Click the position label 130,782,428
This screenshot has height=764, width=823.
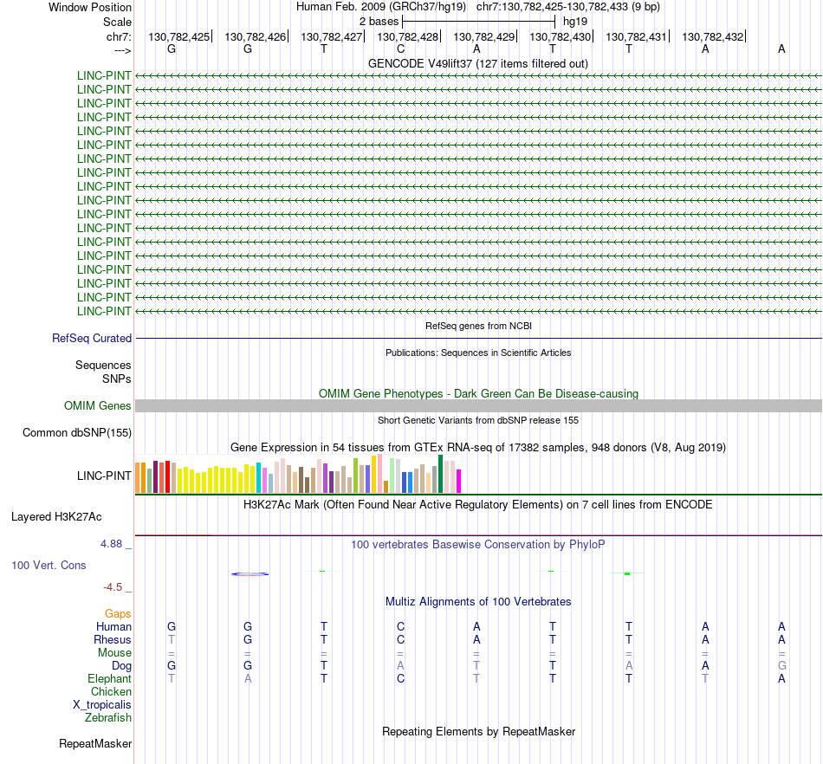[407, 36]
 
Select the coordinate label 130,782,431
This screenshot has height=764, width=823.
[636, 36]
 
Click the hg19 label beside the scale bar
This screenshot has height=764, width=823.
[575, 21]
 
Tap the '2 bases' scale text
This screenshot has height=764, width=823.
[379, 21]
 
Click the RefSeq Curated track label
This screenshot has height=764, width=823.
[92, 339]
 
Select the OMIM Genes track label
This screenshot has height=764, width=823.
[98, 405]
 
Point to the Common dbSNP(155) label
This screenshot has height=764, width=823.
[77, 433]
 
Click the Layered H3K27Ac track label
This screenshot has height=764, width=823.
[56, 517]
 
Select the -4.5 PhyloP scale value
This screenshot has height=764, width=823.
[114, 587]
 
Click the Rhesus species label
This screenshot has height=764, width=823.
[113, 639]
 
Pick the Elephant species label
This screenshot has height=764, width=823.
[109, 678]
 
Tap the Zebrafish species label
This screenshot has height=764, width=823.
[108, 717]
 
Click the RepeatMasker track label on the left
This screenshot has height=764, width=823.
[95, 743]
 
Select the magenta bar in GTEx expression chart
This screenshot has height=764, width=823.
[459, 481]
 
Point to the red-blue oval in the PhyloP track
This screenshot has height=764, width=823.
[250, 573]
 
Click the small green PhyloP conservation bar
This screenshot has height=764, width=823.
[626, 573]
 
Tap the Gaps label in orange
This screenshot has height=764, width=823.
[118, 613]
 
